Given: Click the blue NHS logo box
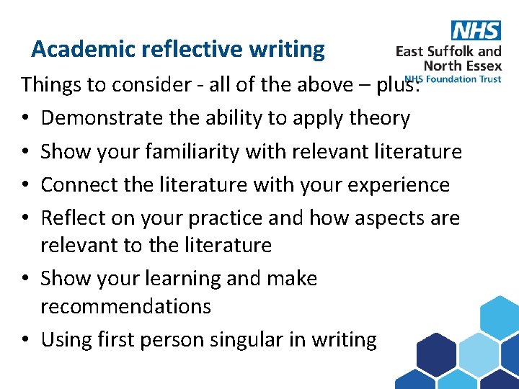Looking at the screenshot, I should coord(476,30).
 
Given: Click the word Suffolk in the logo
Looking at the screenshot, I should coord(453,51).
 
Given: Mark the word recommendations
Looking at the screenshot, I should coord(125,306).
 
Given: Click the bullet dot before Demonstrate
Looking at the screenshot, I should coord(25,119).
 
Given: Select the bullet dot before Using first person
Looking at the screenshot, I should coord(25,340).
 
